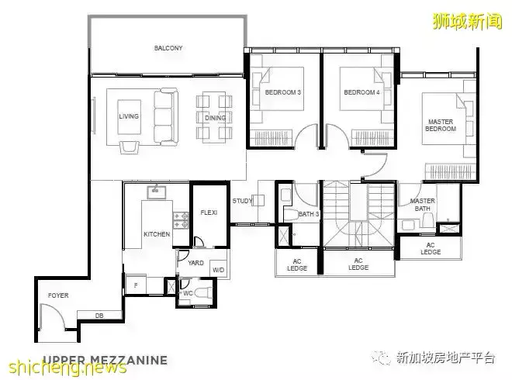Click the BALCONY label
[168, 48]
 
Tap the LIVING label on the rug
[129, 116]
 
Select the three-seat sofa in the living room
[166, 116]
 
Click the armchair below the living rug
[129, 147]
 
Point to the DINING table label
[215, 118]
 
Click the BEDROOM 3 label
[283, 92]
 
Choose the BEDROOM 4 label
[362, 92]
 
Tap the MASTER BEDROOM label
[441, 126]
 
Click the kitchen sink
[157, 192]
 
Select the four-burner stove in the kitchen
[181, 220]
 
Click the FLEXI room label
[209, 212]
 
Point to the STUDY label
[242, 201]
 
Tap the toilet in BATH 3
[291, 215]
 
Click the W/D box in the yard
[218, 269]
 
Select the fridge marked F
[136, 285]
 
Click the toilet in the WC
[203, 293]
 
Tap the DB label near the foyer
[99, 316]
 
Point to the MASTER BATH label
[422, 205]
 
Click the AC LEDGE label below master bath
[431, 248]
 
